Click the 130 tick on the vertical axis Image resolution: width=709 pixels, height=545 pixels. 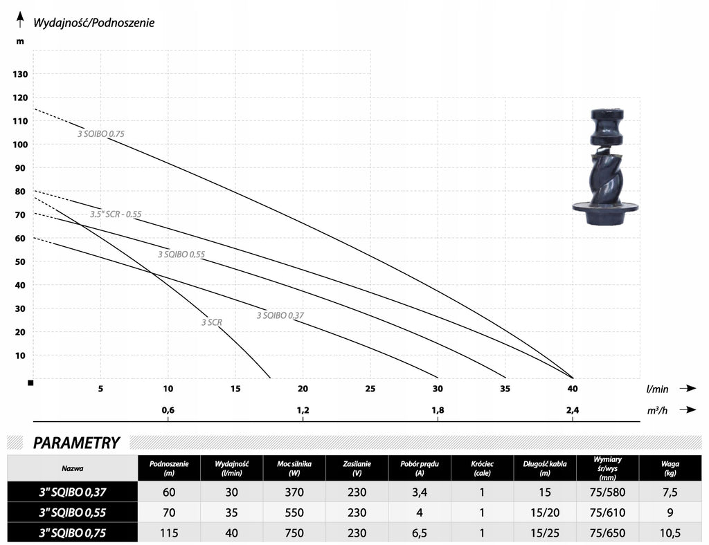pos(20,74)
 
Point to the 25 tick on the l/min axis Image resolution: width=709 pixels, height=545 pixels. pos(370,389)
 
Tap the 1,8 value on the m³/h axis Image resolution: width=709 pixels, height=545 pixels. pos(438,410)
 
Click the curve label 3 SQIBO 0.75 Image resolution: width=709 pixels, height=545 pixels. pos(101,133)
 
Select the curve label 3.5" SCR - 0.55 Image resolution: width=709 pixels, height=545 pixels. pos(116,214)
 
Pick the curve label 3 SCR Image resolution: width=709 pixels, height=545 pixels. pos(212,322)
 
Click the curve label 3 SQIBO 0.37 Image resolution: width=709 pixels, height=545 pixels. pos(280,315)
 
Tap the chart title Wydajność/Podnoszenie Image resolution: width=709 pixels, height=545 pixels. pos(94,23)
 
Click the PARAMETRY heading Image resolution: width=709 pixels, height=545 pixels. pos(76,443)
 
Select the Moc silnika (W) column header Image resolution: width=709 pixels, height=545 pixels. pos(294,468)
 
